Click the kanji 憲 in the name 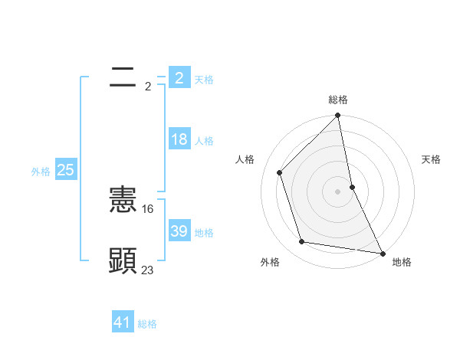tap(123, 200)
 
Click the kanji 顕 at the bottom tap(123, 260)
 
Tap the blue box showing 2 tap(179, 78)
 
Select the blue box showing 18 tap(179, 140)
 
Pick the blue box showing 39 tap(179, 231)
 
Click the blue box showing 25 tap(65, 171)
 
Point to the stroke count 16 tap(148, 208)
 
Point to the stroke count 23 tap(147, 269)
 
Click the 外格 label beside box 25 tap(41, 172)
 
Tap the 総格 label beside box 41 tap(147, 324)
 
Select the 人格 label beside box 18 tap(204, 141)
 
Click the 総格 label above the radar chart tap(338, 100)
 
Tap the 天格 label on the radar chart tap(431, 159)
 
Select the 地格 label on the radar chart tap(402, 262)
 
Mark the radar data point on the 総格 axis tap(338, 116)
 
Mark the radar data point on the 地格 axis tap(382, 253)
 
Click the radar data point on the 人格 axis tap(280, 172)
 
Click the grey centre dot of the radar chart tap(338, 191)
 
